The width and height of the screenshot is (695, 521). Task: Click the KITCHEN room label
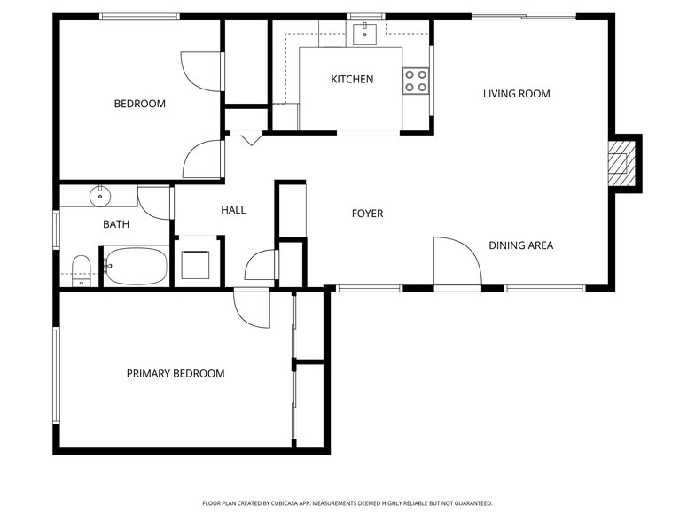[x=352, y=80]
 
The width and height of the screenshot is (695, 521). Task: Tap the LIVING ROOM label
[x=516, y=94]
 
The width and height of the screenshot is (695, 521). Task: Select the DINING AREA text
[x=520, y=245]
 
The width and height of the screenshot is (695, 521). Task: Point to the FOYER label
[x=367, y=214]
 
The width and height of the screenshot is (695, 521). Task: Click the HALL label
[x=233, y=210]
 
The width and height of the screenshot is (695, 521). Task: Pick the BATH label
[x=116, y=224]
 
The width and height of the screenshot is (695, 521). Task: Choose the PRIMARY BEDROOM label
[x=176, y=374]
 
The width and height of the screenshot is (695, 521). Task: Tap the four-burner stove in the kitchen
[x=416, y=81]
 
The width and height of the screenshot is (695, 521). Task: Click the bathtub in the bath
[x=136, y=265]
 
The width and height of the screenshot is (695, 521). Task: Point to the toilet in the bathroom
[x=81, y=269]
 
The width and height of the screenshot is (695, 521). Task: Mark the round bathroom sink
[x=99, y=195]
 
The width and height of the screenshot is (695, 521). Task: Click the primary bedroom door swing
[x=251, y=307]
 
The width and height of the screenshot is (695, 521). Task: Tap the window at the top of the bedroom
[x=139, y=16]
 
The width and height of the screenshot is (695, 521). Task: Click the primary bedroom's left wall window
[x=56, y=375]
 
